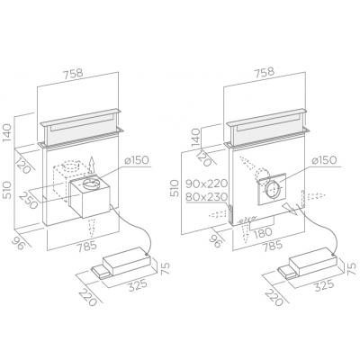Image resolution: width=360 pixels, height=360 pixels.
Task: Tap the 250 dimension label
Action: [29, 200]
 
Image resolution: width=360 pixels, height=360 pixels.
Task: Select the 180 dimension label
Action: [262, 232]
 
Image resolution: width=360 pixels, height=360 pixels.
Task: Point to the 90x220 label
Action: [207, 183]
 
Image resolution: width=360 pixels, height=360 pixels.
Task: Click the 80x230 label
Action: [207, 197]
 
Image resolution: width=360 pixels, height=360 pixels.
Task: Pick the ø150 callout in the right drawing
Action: [324, 160]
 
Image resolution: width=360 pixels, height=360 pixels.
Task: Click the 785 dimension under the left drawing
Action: [86, 246]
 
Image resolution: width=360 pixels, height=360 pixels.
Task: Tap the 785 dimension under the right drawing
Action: [272, 245]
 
